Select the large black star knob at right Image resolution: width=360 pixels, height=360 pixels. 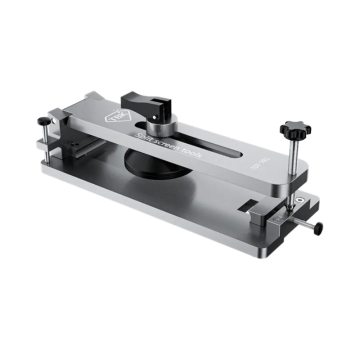(292, 131)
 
